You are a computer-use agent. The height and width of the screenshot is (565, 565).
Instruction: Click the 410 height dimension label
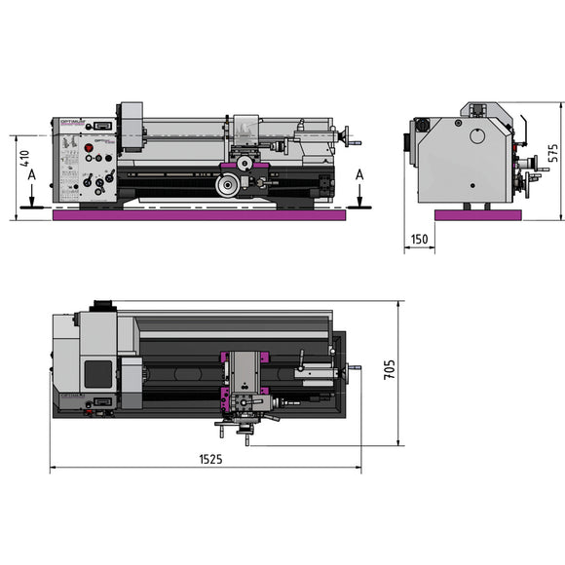[x=26, y=161]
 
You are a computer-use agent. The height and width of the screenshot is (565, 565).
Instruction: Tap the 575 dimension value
[x=552, y=154]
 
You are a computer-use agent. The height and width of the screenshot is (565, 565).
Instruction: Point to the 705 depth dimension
[x=390, y=371]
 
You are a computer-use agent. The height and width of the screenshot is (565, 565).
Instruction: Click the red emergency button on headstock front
[x=90, y=149]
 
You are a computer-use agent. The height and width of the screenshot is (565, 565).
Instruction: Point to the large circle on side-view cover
[x=478, y=136]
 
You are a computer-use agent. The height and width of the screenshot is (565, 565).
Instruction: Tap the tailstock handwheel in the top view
[x=355, y=368]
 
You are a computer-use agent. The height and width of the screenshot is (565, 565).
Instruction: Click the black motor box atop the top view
[x=101, y=305]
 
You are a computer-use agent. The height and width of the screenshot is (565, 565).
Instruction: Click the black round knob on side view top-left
[x=422, y=125]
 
